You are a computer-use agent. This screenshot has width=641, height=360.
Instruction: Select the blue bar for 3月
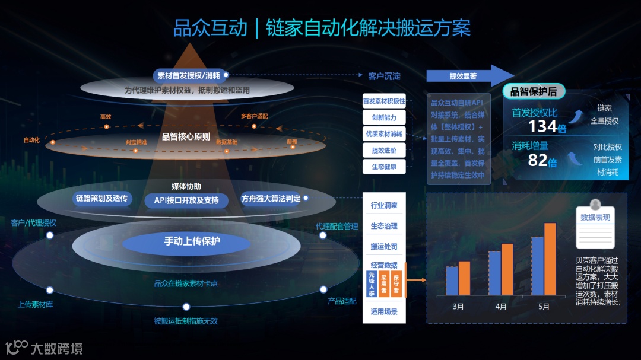coord(452,281)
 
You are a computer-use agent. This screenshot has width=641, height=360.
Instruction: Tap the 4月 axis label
coord(501,307)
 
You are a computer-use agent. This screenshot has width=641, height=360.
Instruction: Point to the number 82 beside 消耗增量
coord(538,160)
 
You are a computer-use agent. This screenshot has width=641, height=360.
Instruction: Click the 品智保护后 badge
coord(534,91)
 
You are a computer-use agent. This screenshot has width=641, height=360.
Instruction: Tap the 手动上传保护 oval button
coord(192,241)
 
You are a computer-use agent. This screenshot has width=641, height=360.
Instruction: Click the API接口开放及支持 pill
coord(186,200)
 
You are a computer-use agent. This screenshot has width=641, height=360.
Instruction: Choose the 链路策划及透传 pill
coord(102,198)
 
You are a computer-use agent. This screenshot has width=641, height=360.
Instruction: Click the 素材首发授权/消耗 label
coord(188,75)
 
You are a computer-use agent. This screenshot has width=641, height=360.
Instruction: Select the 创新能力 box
coord(384,117)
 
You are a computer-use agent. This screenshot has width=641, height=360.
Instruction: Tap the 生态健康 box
coord(384,167)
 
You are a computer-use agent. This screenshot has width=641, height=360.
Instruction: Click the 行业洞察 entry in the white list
coord(384,206)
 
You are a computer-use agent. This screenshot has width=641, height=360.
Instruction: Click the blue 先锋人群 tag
coord(372,283)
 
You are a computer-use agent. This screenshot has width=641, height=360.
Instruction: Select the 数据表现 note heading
coord(595,218)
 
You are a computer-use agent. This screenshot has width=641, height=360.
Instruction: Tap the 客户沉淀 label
coord(384,76)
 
